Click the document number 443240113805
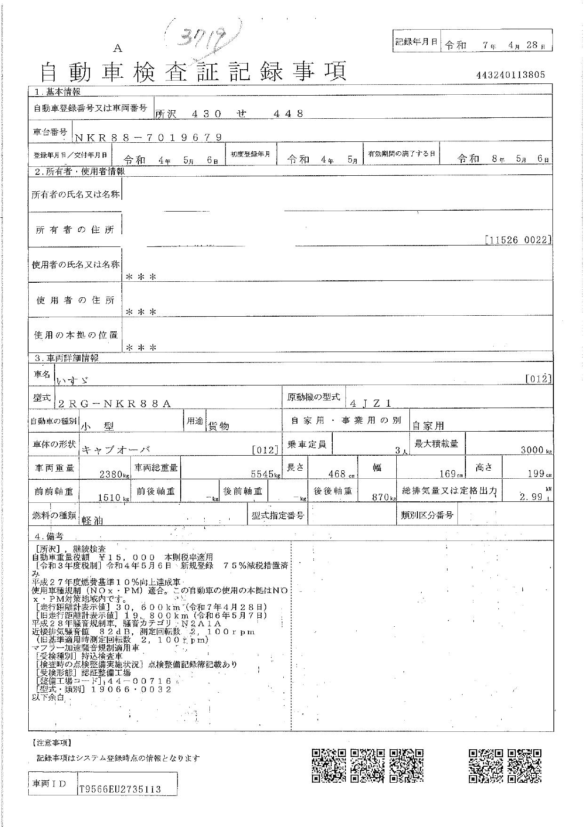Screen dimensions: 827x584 (x=511, y=74)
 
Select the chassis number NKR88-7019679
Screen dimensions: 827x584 (x=148, y=137)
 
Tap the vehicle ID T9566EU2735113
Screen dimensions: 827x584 (x=121, y=789)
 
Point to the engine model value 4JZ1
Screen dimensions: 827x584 (x=371, y=403)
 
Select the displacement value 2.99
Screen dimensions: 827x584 (x=532, y=497)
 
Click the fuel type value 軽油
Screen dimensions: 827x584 (x=93, y=520)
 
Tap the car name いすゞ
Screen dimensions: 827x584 (x=72, y=380)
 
